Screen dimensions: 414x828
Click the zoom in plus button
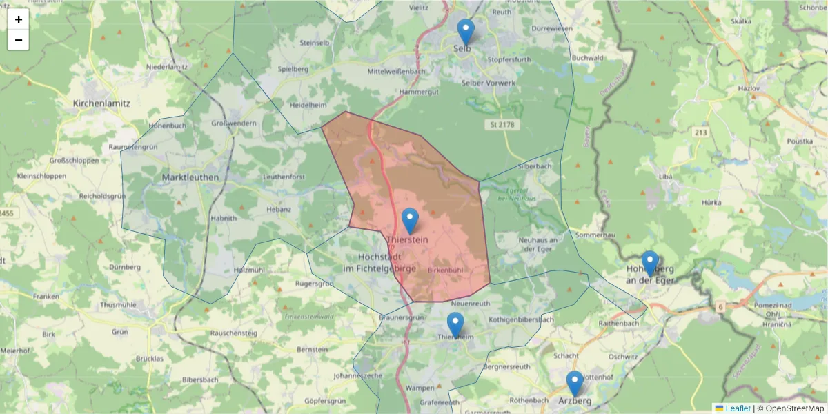[x=19, y=19]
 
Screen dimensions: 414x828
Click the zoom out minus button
[x=19, y=40]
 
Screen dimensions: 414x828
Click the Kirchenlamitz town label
[x=101, y=103]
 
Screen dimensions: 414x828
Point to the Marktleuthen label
[x=190, y=177]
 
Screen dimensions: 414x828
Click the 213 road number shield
[x=702, y=132]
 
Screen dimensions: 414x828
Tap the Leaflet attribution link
[x=737, y=408]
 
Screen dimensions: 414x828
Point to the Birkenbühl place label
[x=445, y=269]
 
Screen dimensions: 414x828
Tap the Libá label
[x=666, y=177]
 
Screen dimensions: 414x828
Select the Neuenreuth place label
[x=470, y=303]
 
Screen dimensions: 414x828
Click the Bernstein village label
[x=311, y=350]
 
